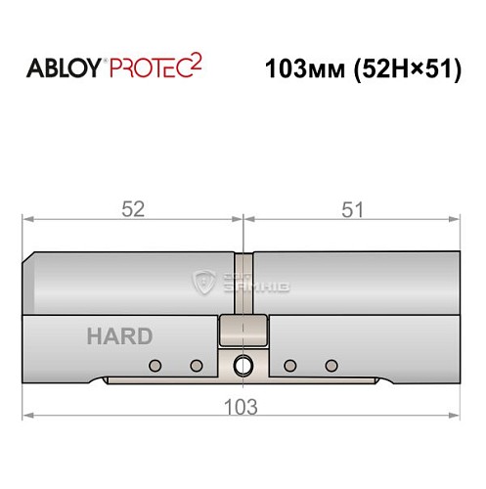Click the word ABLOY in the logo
click(x=66, y=69)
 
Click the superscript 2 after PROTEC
click(x=197, y=62)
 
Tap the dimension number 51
click(x=352, y=208)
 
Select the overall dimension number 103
click(x=241, y=406)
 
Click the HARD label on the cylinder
click(x=119, y=336)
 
